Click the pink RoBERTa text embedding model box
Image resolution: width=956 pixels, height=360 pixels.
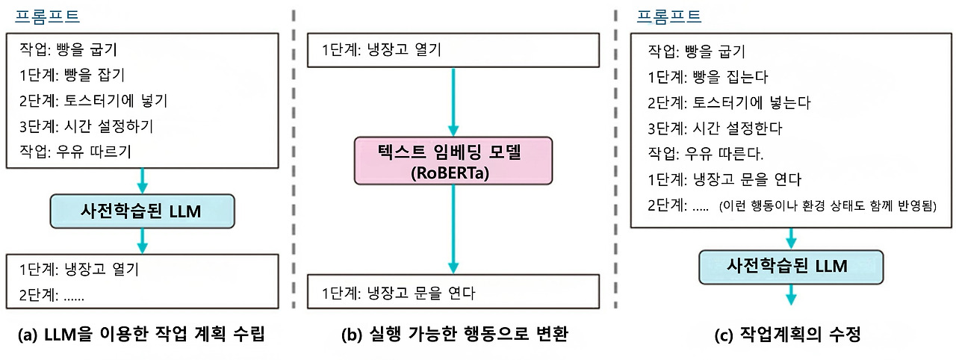coord(453,160)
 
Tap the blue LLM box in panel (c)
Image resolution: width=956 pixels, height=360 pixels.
coord(791,265)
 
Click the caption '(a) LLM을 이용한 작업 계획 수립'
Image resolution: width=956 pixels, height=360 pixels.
coord(141,335)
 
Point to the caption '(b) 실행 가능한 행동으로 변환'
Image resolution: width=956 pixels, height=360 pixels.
coord(454,335)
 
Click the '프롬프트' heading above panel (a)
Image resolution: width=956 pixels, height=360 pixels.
coord(47,16)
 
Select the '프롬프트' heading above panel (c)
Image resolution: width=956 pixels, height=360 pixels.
coord(669,16)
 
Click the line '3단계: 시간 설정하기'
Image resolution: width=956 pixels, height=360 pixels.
coord(89,125)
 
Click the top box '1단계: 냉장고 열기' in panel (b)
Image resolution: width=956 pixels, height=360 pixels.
coord(382,50)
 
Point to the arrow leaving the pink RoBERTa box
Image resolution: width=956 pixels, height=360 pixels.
coord(453,228)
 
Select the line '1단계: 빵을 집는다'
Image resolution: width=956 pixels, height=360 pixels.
coord(707,77)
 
